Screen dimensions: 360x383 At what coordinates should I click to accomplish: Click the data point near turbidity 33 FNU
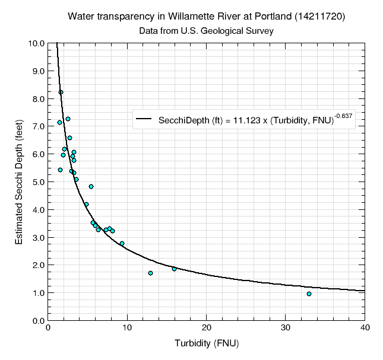point(309,294)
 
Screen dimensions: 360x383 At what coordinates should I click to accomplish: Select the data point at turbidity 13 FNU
point(150,273)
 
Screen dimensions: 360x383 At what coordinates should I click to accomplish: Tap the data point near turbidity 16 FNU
point(174,269)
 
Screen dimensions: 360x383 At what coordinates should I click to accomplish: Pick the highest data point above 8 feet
point(61,92)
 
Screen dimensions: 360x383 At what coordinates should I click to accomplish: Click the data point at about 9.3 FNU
point(122,243)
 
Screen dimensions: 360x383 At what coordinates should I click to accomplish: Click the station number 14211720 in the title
point(320,17)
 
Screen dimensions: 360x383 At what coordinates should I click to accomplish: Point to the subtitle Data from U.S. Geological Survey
point(206,30)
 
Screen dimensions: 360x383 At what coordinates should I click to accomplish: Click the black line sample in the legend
point(145,120)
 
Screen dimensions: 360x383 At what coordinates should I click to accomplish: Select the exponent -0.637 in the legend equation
point(343,116)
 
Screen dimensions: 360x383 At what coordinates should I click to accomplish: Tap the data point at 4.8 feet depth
point(91,186)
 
